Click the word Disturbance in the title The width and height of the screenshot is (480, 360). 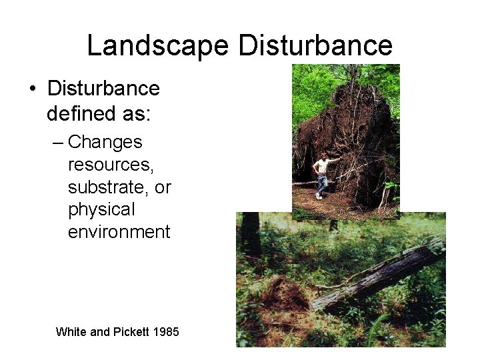[x=315, y=45]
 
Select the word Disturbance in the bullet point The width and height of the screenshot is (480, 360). [x=103, y=89]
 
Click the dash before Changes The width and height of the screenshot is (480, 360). [x=59, y=143]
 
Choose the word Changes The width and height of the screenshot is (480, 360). [x=105, y=142]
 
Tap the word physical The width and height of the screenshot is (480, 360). [x=101, y=210]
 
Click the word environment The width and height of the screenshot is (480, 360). [x=119, y=232]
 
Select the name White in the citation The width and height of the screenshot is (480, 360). [x=71, y=331]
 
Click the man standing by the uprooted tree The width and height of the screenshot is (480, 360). [x=323, y=175]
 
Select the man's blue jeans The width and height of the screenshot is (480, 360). [x=321, y=185]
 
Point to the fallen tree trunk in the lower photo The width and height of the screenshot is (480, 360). [x=380, y=277]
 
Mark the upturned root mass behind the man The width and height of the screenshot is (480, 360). [x=357, y=133]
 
